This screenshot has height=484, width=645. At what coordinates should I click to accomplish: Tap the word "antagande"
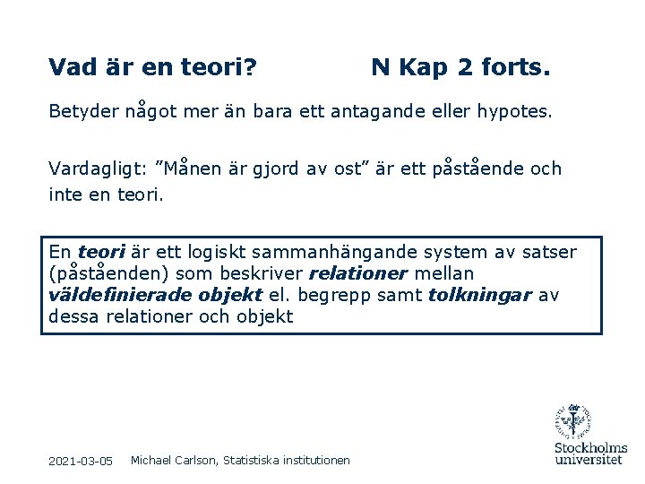pyautogui.click(x=375, y=113)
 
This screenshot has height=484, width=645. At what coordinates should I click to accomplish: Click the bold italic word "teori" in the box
pyautogui.click(x=101, y=253)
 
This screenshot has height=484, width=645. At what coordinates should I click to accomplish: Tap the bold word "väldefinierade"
pyautogui.click(x=107, y=295)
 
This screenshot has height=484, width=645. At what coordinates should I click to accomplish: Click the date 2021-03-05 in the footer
pyautogui.click(x=81, y=461)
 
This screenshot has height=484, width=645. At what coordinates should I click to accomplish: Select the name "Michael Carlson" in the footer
pyautogui.click(x=173, y=460)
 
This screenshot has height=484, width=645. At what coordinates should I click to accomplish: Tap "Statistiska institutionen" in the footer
pyautogui.click(x=286, y=460)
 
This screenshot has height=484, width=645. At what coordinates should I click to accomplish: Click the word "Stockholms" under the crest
pyautogui.click(x=590, y=447)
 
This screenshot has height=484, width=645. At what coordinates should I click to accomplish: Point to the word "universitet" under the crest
pyautogui.click(x=589, y=459)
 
